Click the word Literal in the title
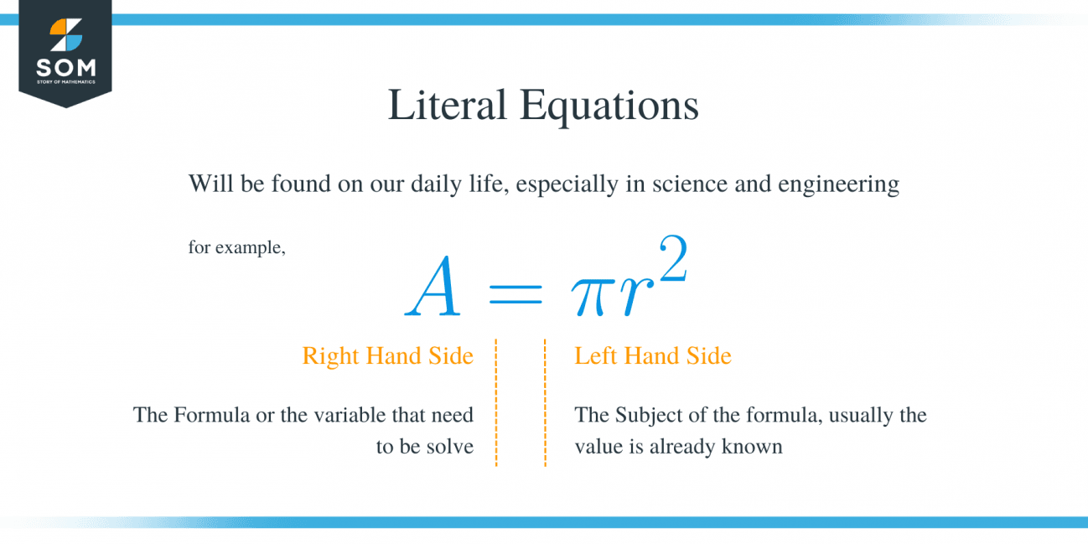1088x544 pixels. tap(446, 106)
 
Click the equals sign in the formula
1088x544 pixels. tap(515, 294)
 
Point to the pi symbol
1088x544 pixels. tap(588, 298)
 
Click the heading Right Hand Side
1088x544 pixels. tap(387, 356)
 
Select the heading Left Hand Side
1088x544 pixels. tap(652, 356)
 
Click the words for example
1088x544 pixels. tap(236, 248)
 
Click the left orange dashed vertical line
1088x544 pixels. tap(496, 402)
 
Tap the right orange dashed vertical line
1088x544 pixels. tap(545, 402)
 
